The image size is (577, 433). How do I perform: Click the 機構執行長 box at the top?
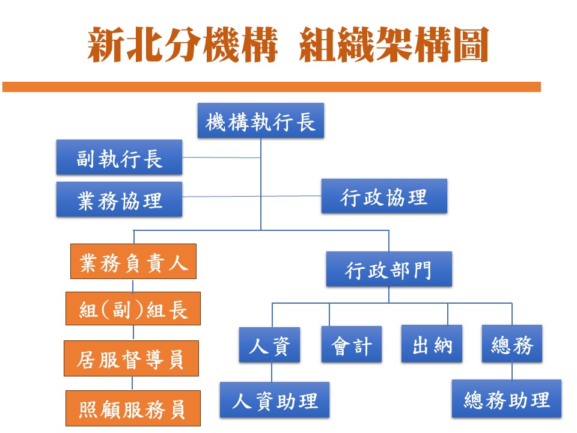point(260,121)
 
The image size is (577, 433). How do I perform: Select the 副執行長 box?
point(119,157)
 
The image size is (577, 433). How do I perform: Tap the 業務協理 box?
point(119,199)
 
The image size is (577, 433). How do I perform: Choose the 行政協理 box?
point(384,196)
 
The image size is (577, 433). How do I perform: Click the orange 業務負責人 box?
point(133,261)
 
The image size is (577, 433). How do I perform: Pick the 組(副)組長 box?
point(133,309)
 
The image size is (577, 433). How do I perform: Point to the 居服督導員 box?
point(132,358)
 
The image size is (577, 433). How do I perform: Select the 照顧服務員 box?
point(133,408)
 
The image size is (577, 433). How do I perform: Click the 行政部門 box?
point(389,269)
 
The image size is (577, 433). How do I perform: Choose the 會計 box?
point(352,344)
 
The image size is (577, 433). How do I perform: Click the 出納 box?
point(432,344)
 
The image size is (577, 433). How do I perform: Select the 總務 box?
point(512,344)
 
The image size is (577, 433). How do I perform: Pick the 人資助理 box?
point(275,400)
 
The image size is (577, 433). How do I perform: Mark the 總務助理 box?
point(507,399)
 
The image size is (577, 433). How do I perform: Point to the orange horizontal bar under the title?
point(272,87)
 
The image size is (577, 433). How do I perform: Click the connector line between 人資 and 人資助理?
point(272,372)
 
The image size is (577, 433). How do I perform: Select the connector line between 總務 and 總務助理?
point(512,371)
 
